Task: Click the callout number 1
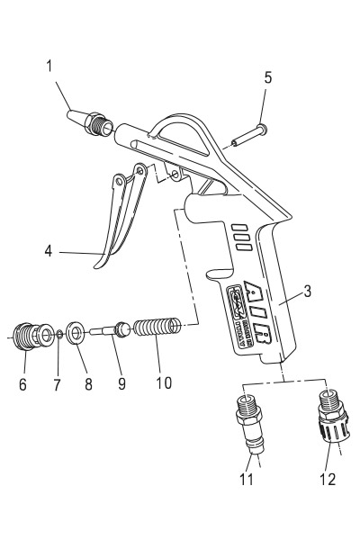[x=49, y=66]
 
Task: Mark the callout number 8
[x=88, y=383]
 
